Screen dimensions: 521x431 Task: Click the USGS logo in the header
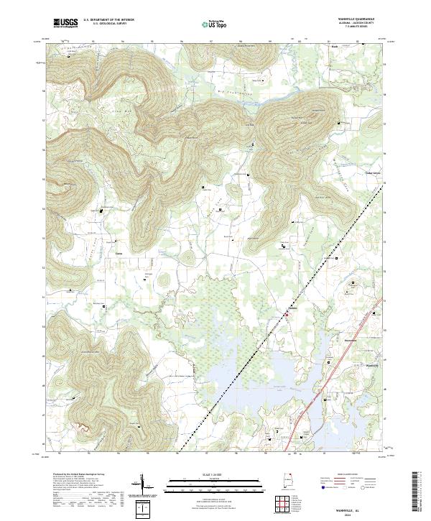click(65, 22)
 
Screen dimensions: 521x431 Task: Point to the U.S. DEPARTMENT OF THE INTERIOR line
click(108, 20)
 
